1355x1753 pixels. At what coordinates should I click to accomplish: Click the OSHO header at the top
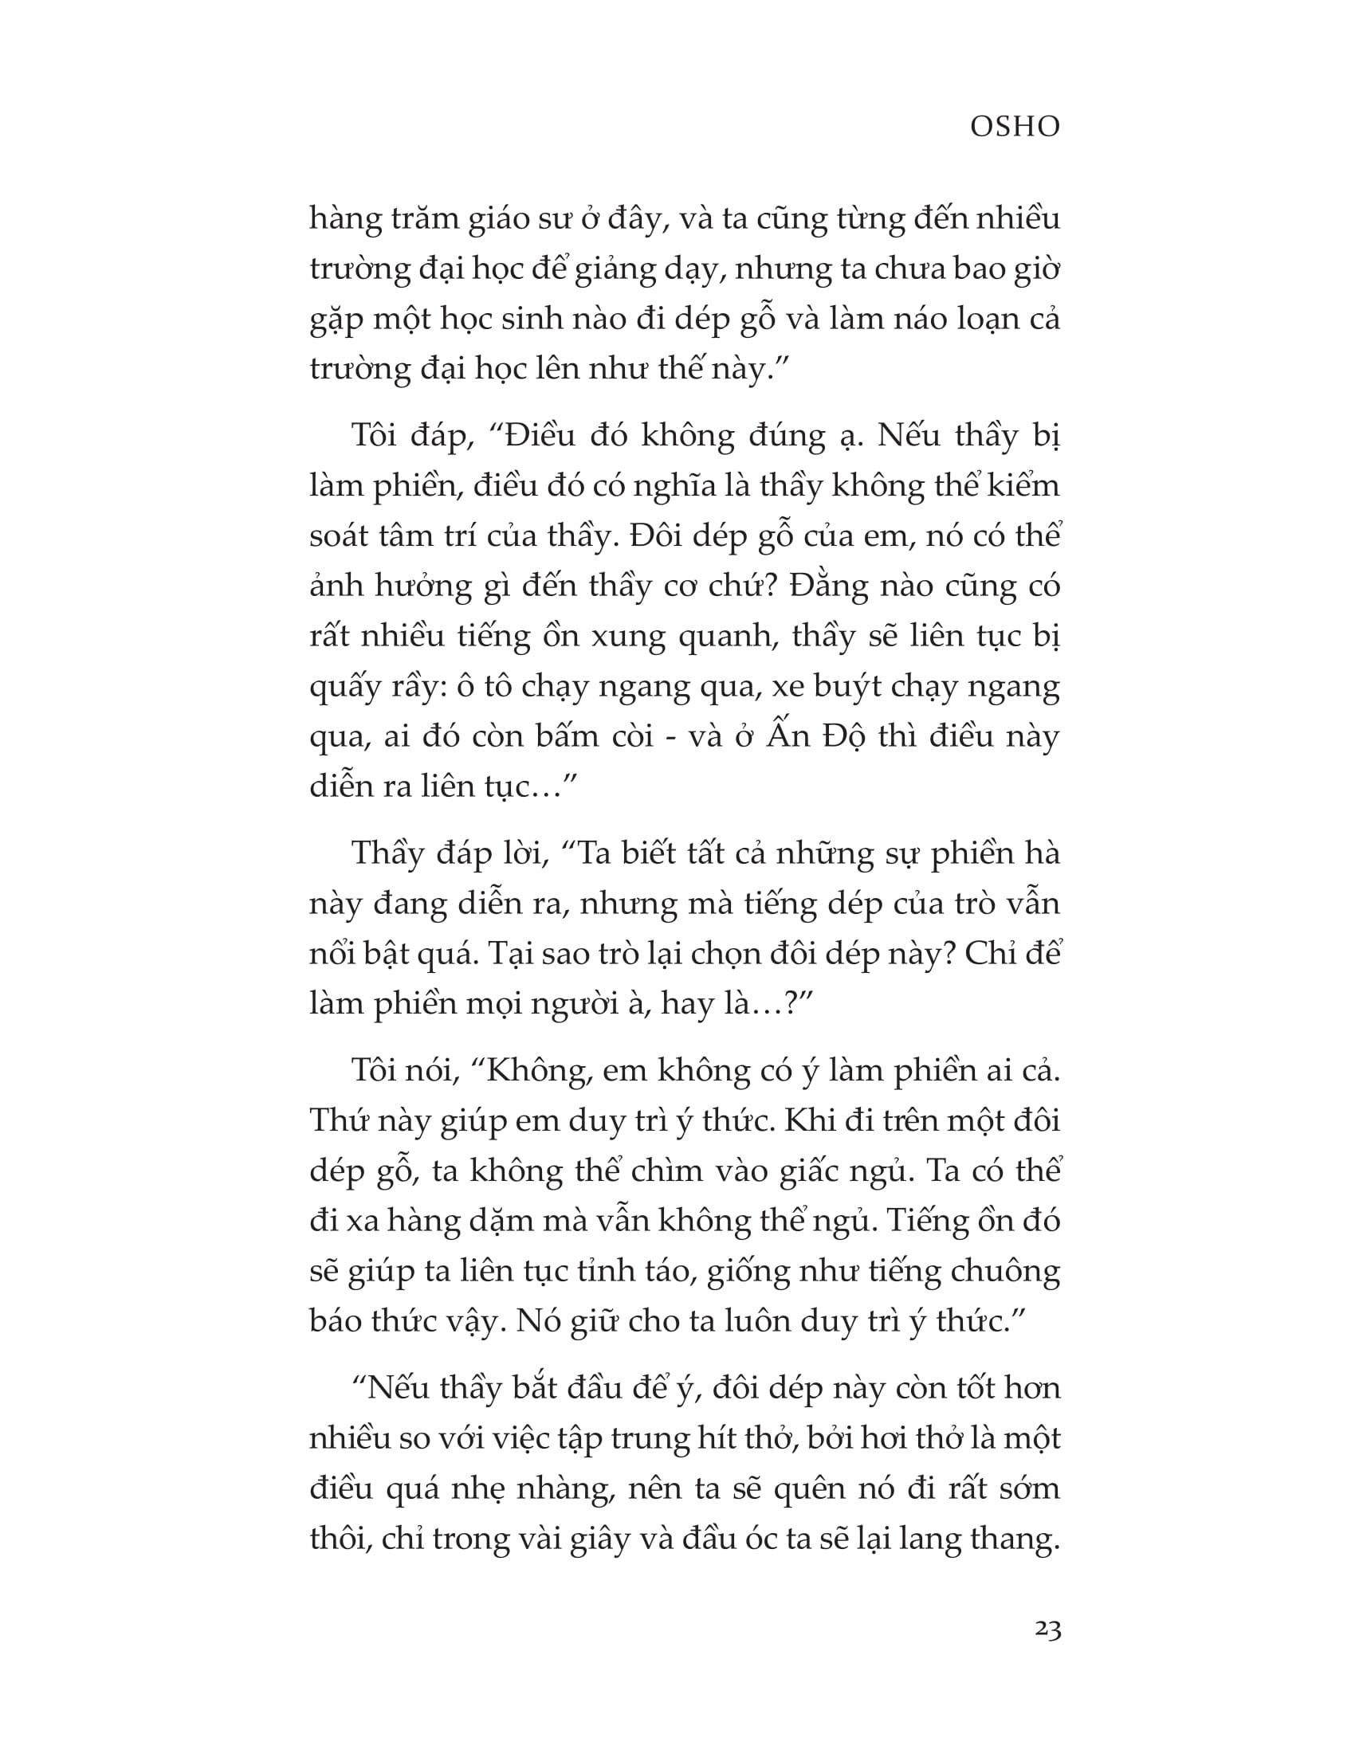1015,126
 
